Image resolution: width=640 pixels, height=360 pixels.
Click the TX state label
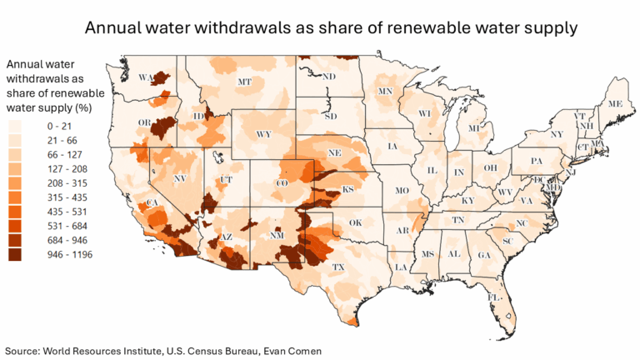[x=339, y=267]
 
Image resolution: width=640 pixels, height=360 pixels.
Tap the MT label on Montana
[x=244, y=82]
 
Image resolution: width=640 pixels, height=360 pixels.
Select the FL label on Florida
[x=493, y=297]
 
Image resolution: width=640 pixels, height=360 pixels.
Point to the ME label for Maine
[x=615, y=104]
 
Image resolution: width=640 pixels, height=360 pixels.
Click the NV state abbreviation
[x=179, y=178]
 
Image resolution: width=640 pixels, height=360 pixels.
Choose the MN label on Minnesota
[x=385, y=91]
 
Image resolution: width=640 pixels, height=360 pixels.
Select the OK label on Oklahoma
[x=356, y=222]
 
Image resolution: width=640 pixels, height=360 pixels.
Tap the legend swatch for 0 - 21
[x=14, y=124]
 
